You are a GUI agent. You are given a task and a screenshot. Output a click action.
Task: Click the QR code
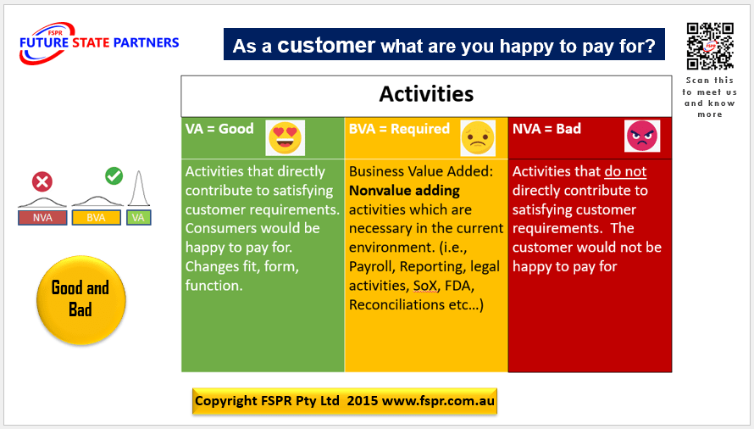point(710,47)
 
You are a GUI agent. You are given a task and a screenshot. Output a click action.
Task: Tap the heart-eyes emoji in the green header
point(286,137)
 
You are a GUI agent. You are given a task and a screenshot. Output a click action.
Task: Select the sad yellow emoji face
point(478,138)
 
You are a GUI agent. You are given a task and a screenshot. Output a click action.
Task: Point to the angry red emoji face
point(642,136)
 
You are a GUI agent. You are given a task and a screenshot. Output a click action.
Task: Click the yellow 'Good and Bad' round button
point(80,300)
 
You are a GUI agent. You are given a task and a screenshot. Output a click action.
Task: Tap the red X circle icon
point(42,182)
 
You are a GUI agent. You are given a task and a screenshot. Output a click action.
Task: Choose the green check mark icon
point(114,175)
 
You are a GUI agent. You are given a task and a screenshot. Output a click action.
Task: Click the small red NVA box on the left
point(42,218)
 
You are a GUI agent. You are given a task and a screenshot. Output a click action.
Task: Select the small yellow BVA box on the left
point(97,218)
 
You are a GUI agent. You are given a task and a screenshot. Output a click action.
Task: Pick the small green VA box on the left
point(138,218)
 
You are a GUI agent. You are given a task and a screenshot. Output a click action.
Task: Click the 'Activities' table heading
point(426,94)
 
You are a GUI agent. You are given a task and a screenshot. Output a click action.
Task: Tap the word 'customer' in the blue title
point(326,45)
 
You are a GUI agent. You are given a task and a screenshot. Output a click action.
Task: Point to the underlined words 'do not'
point(625,171)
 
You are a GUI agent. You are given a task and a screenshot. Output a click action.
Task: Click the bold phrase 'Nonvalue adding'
point(404,191)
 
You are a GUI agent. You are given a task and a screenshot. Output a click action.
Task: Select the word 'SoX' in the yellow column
point(425,286)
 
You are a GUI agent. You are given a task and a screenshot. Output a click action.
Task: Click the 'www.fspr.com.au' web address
point(438,401)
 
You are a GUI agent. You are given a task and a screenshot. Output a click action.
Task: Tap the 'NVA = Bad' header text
point(546,129)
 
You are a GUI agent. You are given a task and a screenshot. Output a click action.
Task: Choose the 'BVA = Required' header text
point(399,129)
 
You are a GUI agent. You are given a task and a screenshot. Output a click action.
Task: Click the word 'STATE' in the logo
point(91,43)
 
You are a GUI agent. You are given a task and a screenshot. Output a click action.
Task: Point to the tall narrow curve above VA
point(138,188)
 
